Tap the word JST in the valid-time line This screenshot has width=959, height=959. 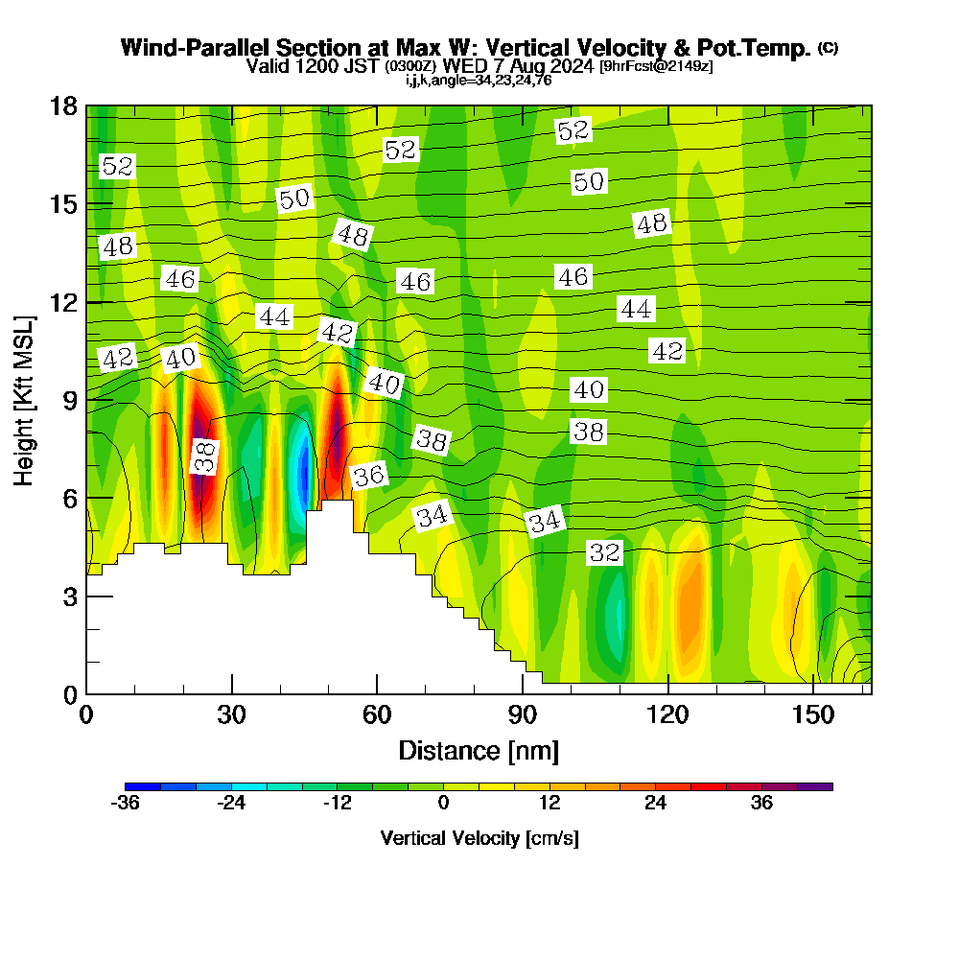coord(363,66)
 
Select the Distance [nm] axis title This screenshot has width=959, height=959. coord(479,750)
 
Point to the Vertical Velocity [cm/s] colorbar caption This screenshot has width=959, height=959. coord(479,838)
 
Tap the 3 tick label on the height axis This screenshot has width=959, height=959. coord(70,596)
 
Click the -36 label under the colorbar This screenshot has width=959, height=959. coord(126,804)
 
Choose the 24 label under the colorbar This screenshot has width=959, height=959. coord(655,804)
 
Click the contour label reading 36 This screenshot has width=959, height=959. coord(368,475)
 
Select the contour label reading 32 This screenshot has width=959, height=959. coord(604,552)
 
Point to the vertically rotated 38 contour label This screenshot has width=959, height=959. coord(204,456)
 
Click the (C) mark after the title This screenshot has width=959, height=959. coord(828,48)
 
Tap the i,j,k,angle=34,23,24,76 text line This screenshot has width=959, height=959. coord(479,80)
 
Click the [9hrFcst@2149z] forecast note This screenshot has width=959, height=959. coord(655,66)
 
